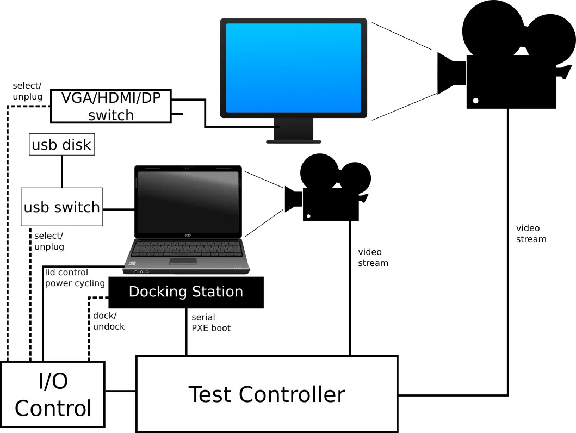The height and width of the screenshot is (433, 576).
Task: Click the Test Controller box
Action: [x=267, y=394]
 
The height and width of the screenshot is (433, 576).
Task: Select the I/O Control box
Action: [x=53, y=395]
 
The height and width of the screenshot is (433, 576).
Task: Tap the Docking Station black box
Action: [x=186, y=292]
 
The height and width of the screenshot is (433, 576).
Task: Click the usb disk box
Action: [x=61, y=145]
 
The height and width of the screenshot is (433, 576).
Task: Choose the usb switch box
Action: [x=61, y=207]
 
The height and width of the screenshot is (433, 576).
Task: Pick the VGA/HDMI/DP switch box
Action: [x=110, y=106]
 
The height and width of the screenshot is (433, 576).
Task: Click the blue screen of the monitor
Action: [x=294, y=67]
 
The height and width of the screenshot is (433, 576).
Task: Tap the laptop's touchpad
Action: [x=183, y=262]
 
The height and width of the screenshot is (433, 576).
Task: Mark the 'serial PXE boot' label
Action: [x=210, y=323]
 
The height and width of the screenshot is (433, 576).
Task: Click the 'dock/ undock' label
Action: [x=109, y=321]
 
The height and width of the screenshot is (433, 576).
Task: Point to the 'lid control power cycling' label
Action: [x=75, y=277]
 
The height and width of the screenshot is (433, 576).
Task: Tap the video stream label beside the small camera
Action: [x=373, y=257]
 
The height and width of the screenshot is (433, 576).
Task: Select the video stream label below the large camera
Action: [x=531, y=233]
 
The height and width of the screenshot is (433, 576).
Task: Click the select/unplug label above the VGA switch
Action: [x=27, y=91]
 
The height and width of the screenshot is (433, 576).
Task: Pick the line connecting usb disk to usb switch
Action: [x=61, y=171]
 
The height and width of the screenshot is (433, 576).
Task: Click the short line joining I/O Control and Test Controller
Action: [x=120, y=391]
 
